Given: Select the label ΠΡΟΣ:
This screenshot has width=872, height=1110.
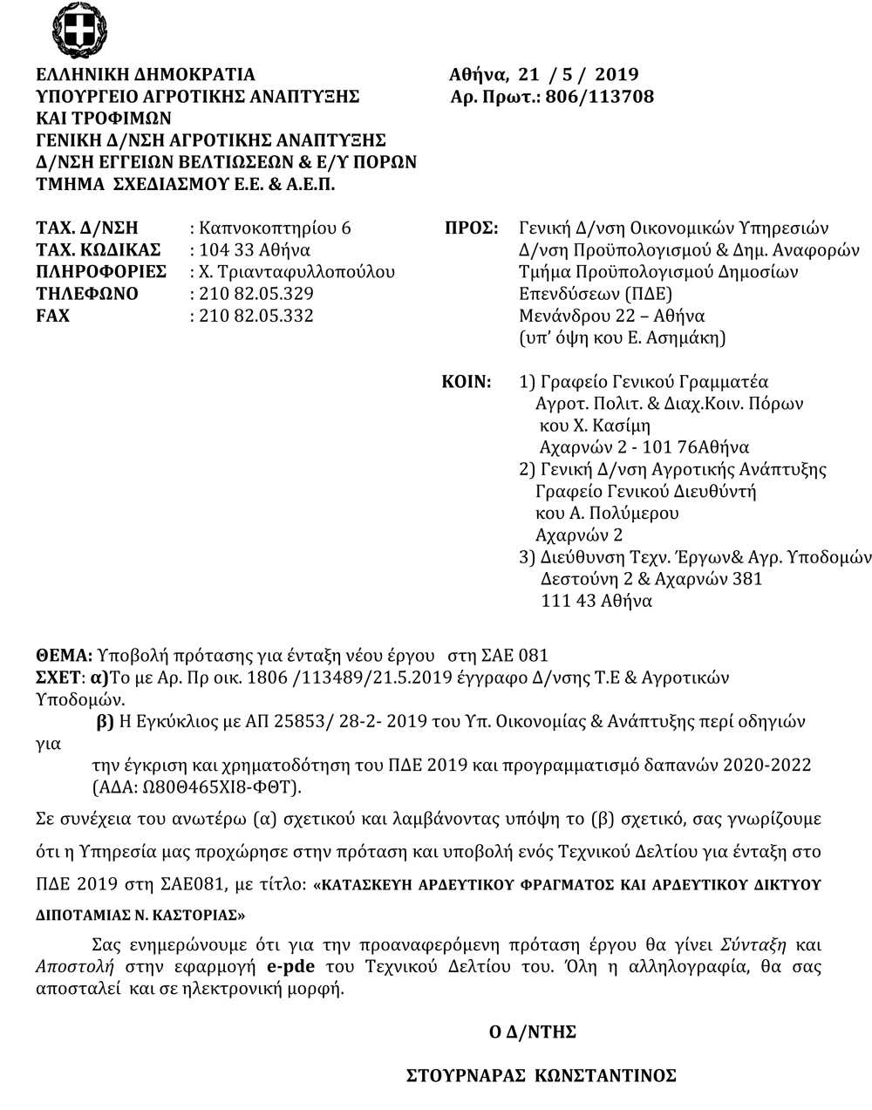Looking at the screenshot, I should pyautogui.click(x=471, y=228).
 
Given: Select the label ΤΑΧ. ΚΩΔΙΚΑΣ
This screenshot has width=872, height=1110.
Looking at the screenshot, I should pyautogui.click(x=99, y=250).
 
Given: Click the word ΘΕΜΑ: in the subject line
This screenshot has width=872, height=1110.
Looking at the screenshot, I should pyautogui.click(x=64, y=655).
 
